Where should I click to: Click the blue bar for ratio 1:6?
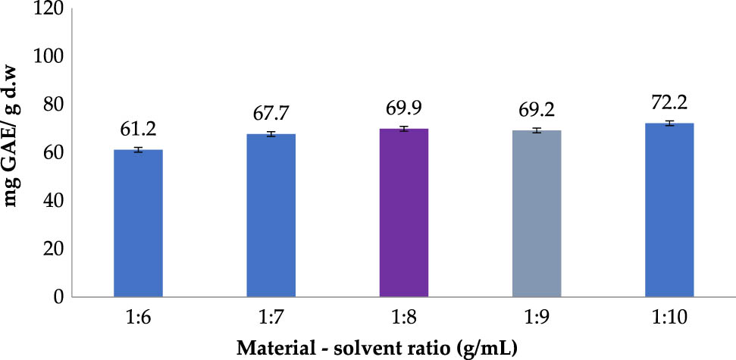pos(138,224)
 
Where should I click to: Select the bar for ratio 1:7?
pos(271,215)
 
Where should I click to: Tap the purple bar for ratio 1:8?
pos(404,213)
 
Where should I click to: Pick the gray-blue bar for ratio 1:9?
pos(537,214)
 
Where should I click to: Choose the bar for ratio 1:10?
pos(669,210)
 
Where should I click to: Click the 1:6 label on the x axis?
pos(138,318)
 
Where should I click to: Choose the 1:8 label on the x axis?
pos(404,318)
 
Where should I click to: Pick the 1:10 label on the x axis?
pos(669,318)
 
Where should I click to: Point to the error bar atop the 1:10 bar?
pos(669,123)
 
